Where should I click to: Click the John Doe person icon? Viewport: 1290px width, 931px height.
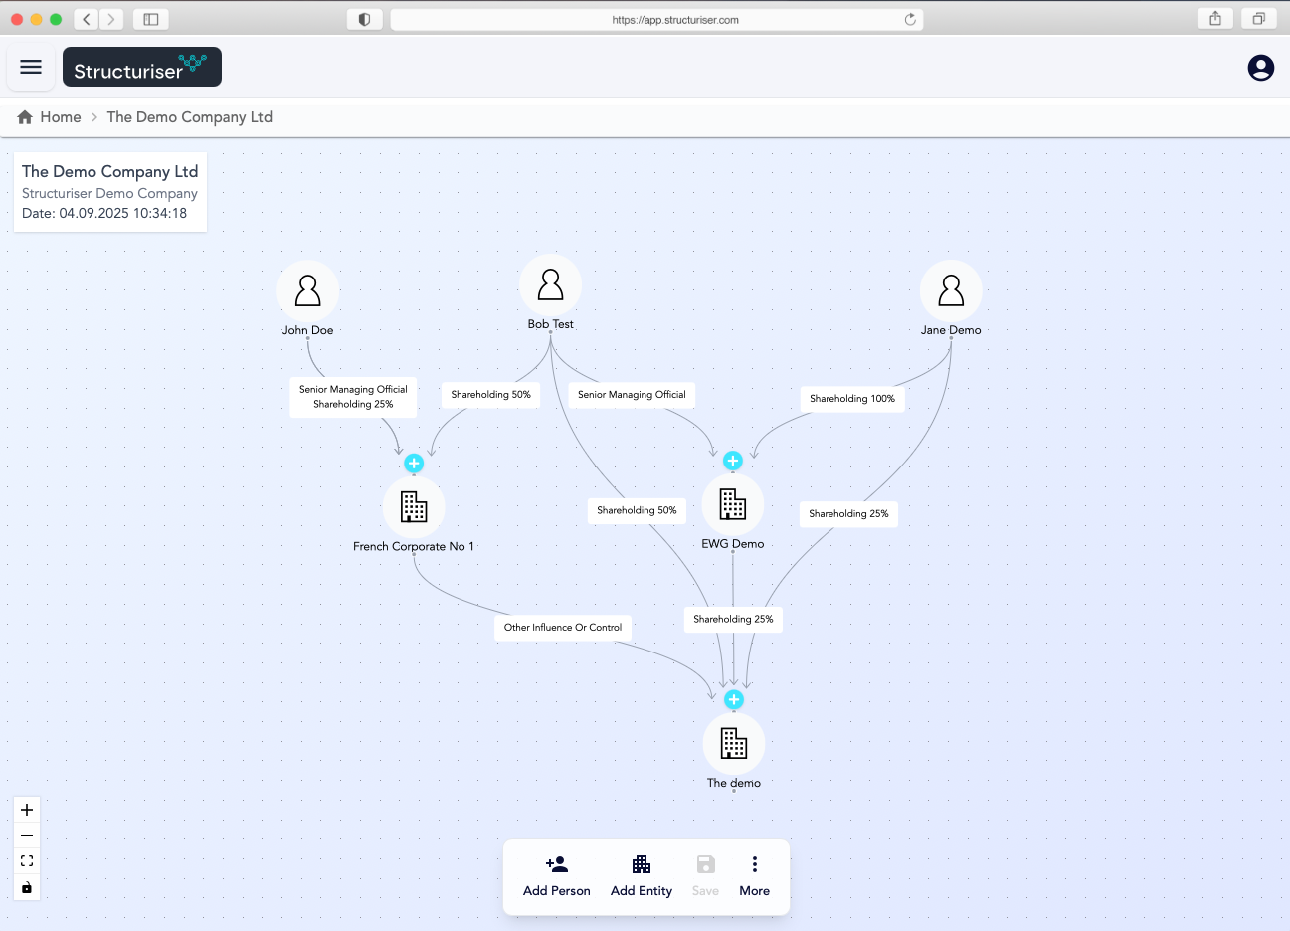click(307, 290)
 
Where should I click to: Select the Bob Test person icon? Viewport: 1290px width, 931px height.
click(550, 284)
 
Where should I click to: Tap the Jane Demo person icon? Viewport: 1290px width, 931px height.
click(950, 290)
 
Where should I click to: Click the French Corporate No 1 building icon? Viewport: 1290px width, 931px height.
click(414, 506)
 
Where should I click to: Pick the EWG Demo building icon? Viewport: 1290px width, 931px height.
click(733, 504)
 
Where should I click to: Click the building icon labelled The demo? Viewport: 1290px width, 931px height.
click(734, 743)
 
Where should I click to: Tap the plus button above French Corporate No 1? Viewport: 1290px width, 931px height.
click(414, 463)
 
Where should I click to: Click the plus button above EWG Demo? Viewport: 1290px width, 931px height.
click(733, 461)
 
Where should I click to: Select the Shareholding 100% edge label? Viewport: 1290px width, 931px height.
click(852, 399)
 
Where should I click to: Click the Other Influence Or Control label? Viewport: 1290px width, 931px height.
click(563, 627)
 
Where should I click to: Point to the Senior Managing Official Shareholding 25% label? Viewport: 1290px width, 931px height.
click(353, 397)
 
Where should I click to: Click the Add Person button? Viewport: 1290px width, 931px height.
click(556, 876)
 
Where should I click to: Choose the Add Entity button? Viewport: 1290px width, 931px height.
click(641, 876)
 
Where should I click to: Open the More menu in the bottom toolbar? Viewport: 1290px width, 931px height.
click(755, 876)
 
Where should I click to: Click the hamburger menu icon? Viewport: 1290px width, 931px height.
click(31, 67)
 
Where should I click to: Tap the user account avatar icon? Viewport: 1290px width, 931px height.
click(1260, 68)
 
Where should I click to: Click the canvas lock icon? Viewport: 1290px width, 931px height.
click(27, 887)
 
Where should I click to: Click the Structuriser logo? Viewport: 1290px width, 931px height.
click(141, 67)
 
